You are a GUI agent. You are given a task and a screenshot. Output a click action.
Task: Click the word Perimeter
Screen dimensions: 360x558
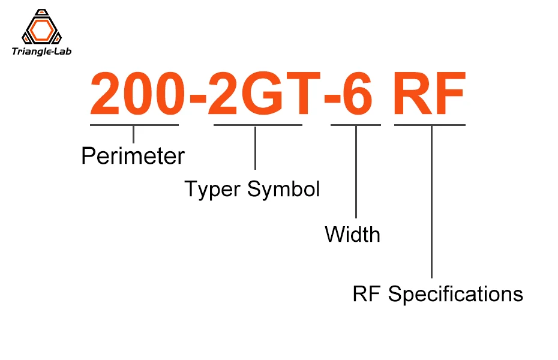click(x=133, y=157)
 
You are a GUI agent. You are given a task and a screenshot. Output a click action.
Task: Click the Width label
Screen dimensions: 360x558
click(x=352, y=234)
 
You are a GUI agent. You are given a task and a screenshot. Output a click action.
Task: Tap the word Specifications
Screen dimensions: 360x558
click(x=455, y=294)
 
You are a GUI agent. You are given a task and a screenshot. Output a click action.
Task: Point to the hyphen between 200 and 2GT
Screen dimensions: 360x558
click(x=197, y=100)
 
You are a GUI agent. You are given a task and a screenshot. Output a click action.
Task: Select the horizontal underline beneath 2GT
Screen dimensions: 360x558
click(x=257, y=125)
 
